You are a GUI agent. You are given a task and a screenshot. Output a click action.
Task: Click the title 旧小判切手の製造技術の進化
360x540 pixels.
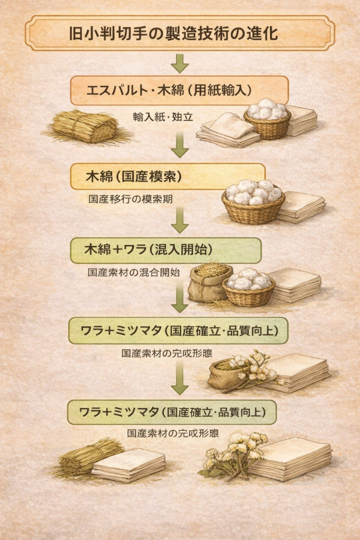click(x=180, y=33)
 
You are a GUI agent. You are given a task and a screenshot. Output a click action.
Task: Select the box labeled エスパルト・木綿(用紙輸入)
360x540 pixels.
click(x=179, y=90)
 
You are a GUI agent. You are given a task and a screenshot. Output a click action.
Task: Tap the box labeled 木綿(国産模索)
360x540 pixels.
click(x=168, y=176)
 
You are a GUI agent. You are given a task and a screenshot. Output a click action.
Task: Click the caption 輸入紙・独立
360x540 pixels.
click(x=163, y=117)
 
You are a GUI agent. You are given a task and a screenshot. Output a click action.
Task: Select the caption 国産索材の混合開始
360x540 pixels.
click(x=134, y=273)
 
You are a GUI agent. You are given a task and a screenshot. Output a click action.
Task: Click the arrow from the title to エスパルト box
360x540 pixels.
click(x=180, y=63)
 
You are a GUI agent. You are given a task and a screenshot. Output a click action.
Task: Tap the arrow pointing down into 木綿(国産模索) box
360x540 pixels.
click(x=180, y=144)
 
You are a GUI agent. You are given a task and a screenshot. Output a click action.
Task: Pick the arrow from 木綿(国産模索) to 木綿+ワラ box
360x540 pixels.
click(x=180, y=220)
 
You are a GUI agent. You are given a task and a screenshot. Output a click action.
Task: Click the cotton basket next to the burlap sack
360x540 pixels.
click(x=248, y=287)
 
